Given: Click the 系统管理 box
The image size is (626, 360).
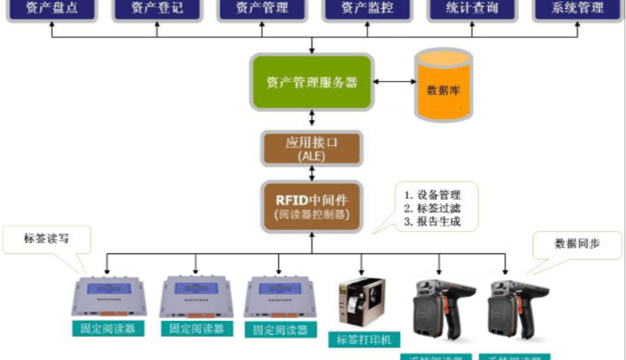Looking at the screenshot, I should [577, 9].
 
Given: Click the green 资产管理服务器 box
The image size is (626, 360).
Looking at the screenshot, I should [311, 83].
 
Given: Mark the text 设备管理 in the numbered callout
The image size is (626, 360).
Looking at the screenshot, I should [439, 195].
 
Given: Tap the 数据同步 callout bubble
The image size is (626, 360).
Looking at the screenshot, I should [577, 243].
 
